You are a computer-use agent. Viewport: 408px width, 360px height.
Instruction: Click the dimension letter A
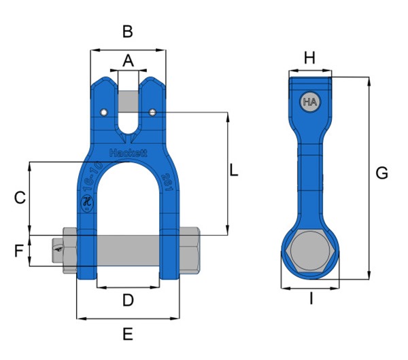128,61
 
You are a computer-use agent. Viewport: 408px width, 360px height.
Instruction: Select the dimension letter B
127,31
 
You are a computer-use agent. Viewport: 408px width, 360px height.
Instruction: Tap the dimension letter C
20,198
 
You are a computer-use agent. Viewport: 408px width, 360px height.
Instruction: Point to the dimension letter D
127,300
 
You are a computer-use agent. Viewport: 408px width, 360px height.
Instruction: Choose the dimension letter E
127,334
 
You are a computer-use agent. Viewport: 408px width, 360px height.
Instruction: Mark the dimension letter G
382,174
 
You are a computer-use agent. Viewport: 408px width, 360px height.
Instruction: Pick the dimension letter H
309,59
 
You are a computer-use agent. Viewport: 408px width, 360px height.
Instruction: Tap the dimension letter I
311,299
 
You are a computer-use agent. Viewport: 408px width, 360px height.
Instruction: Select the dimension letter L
233,170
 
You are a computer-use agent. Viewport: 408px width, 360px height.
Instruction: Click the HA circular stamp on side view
310,103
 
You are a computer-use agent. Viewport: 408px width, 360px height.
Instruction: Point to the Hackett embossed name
128,154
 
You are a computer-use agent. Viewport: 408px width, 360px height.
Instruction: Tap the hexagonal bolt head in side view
310,253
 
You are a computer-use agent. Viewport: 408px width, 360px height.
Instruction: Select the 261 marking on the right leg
167,182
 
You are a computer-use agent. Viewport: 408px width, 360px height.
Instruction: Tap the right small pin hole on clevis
153,112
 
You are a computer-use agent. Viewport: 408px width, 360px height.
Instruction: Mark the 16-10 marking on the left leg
90,177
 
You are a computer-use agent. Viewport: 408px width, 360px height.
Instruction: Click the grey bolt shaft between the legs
128,250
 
